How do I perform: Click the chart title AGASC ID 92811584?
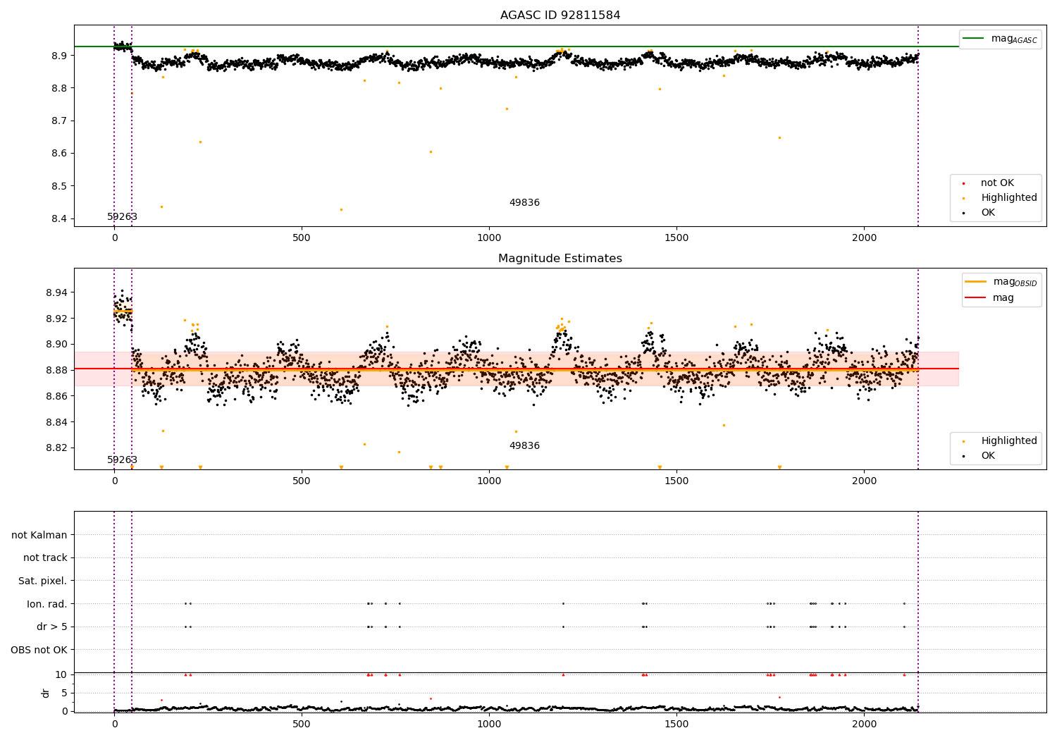coord(560,16)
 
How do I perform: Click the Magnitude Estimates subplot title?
coord(560,259)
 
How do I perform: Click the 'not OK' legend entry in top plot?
coord(997,183)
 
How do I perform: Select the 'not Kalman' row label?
coord(39,535)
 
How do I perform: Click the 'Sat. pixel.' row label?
coord(42,581)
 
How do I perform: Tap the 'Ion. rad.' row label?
coord(47,604)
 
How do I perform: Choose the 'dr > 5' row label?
coord(52,627)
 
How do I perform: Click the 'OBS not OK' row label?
coord(39,650)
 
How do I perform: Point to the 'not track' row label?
coord(45,557)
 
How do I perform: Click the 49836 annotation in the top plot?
coord(524,203)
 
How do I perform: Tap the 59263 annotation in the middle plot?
coord(122,460)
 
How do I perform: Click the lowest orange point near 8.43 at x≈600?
coord(341,209)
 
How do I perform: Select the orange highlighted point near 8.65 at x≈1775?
coord(779,137)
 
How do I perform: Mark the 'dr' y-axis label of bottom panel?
coord(46,693)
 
